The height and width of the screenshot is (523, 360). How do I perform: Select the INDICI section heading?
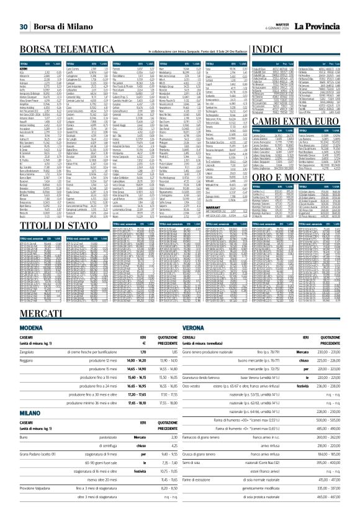coord(260,49)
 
